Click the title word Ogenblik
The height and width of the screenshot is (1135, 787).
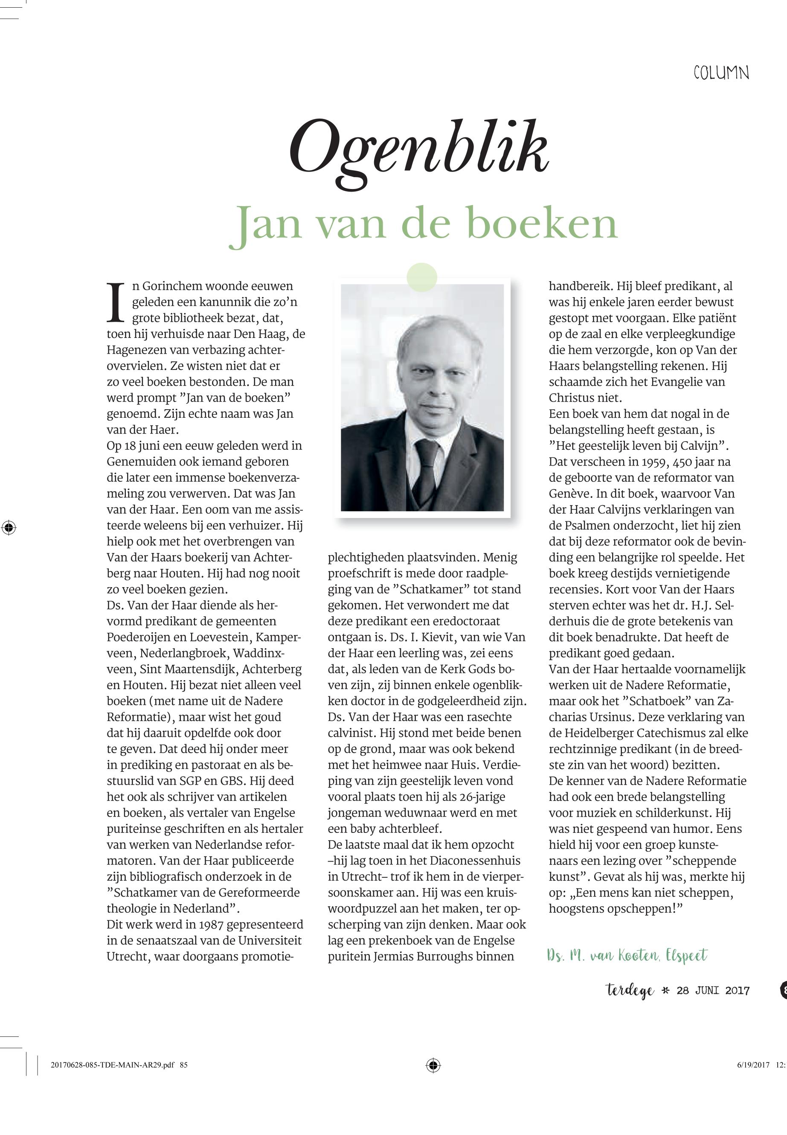[x=418, y=153]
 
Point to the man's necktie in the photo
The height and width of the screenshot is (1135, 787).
[x=427, y=469]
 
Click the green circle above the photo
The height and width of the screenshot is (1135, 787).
[x=422, y=277]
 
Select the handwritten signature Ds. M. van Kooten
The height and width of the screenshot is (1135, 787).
[x=627, y=956]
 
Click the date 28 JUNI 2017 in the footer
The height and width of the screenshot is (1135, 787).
[x=713, y=990]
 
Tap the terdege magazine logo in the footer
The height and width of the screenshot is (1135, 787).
[x=630, y=990]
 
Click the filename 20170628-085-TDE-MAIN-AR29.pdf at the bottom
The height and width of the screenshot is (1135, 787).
[x=113, y=1079]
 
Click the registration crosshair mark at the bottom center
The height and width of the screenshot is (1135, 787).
[x=433, y=1079]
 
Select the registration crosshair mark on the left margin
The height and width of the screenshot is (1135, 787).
[x=9, y=527]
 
